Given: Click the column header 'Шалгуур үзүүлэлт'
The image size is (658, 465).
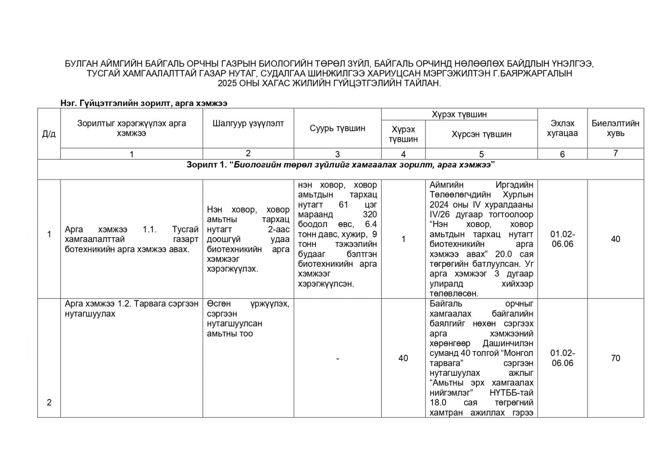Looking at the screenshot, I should (248, 123).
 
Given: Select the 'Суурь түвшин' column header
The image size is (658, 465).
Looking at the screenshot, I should (337, 128).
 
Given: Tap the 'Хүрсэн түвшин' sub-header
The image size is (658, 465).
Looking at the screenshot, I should (481, 134).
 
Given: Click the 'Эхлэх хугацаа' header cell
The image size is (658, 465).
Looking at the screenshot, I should (562, 128).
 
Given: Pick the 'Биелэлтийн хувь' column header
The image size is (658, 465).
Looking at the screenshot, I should (615, 128).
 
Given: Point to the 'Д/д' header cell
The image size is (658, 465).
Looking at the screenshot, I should (49, 134).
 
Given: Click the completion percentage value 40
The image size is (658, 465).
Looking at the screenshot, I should (615, 239).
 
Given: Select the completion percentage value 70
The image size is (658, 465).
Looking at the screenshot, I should (615, 358).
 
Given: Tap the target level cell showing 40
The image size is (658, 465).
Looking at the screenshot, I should (403, 358).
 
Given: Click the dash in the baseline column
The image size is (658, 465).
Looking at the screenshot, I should (337, 359).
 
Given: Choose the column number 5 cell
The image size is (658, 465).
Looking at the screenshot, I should (481, 154).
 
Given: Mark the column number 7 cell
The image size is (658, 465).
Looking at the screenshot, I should (615, 153).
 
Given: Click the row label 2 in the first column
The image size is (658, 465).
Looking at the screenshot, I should (49, 402).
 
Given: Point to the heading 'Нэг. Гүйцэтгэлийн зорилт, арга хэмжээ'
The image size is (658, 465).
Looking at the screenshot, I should (144, 103).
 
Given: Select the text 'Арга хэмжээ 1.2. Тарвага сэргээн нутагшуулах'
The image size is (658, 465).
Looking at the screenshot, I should (131, 309).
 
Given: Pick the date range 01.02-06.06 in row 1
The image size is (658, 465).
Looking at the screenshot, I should (562, 239).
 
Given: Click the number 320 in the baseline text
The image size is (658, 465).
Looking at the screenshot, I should (369, 214).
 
